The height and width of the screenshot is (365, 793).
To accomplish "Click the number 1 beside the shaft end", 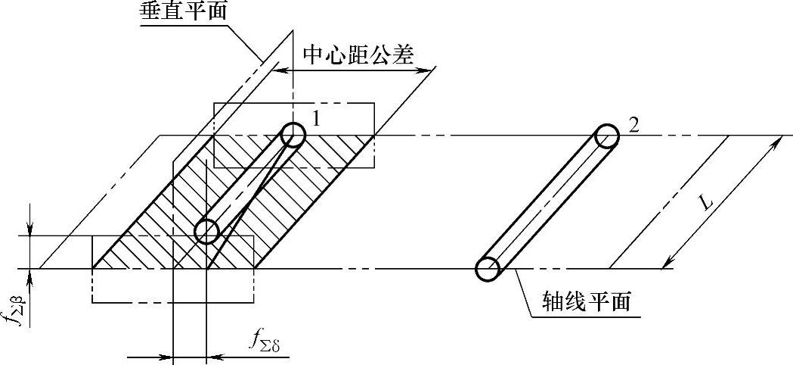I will [318, 119].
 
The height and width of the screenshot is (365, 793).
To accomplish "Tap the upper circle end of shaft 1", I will [293, 136].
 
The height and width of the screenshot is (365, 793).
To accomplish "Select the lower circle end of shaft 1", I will [206, 232].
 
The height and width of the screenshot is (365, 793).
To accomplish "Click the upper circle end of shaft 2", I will [606, 136].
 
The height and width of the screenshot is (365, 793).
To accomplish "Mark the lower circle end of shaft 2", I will [488, 268].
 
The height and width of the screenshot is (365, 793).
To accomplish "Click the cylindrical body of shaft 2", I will [547, 202].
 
